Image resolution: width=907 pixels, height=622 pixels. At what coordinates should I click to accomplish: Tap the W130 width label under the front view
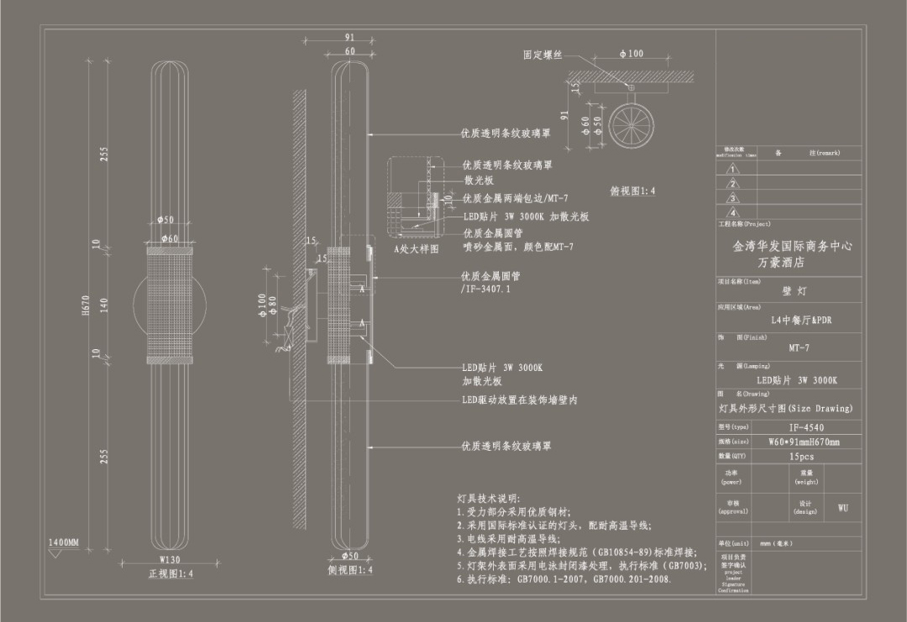click(x=170, y=560)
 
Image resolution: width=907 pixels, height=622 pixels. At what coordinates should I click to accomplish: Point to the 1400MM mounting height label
click(x=63, y=544)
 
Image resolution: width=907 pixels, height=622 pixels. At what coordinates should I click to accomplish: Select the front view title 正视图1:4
click(x=170, y=574)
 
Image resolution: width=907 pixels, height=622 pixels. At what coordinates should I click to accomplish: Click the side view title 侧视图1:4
click(x=350, y=571)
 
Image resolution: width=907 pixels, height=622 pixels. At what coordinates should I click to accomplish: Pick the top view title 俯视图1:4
click(x=632, y=191)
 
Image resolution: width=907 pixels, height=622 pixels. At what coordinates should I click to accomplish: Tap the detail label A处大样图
click(x=417, y=248)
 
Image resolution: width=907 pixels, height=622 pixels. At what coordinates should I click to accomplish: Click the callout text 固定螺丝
click(x=542, y=55)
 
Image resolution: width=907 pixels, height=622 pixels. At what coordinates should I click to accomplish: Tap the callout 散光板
click(x=479, y=180)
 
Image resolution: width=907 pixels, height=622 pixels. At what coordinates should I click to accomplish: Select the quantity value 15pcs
click(x=801, y=457)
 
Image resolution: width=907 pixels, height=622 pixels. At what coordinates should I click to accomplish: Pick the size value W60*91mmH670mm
click(x=804, y=442)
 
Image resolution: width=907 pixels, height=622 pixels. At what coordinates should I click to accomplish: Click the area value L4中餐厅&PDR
click(x=801, y=321)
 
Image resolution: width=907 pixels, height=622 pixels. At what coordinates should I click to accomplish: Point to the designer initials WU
click(x=842, y=508)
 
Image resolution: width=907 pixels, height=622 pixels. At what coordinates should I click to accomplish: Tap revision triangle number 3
click(x=733, y=198)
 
